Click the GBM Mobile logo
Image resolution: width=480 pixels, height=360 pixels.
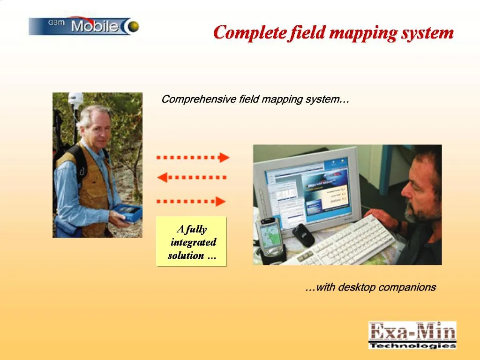84,26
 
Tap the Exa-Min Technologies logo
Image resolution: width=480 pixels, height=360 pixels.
412,335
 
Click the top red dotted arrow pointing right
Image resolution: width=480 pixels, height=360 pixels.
193,157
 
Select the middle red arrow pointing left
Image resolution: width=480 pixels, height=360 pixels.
192,178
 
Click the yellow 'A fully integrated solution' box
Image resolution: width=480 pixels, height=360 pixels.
191,242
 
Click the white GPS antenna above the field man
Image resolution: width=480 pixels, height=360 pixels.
75,99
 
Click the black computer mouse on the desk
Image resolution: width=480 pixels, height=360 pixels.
303,234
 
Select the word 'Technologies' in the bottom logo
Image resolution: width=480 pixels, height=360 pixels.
412,345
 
